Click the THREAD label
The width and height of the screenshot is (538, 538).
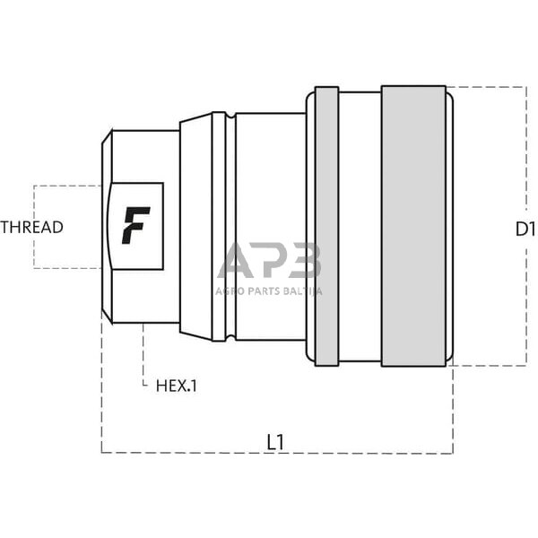32,227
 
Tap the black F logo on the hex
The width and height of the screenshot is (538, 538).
134,225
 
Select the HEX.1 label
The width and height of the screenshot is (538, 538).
176,386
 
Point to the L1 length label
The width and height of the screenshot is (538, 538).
276,441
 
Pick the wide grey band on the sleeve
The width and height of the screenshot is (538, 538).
413,226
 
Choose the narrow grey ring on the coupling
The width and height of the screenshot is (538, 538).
327,226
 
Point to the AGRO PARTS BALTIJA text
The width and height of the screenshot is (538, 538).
268,291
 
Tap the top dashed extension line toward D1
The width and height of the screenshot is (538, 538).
489,87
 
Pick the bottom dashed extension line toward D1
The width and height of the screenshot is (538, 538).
489,366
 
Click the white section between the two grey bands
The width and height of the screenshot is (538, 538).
360,226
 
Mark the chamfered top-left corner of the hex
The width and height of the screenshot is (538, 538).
106,136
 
